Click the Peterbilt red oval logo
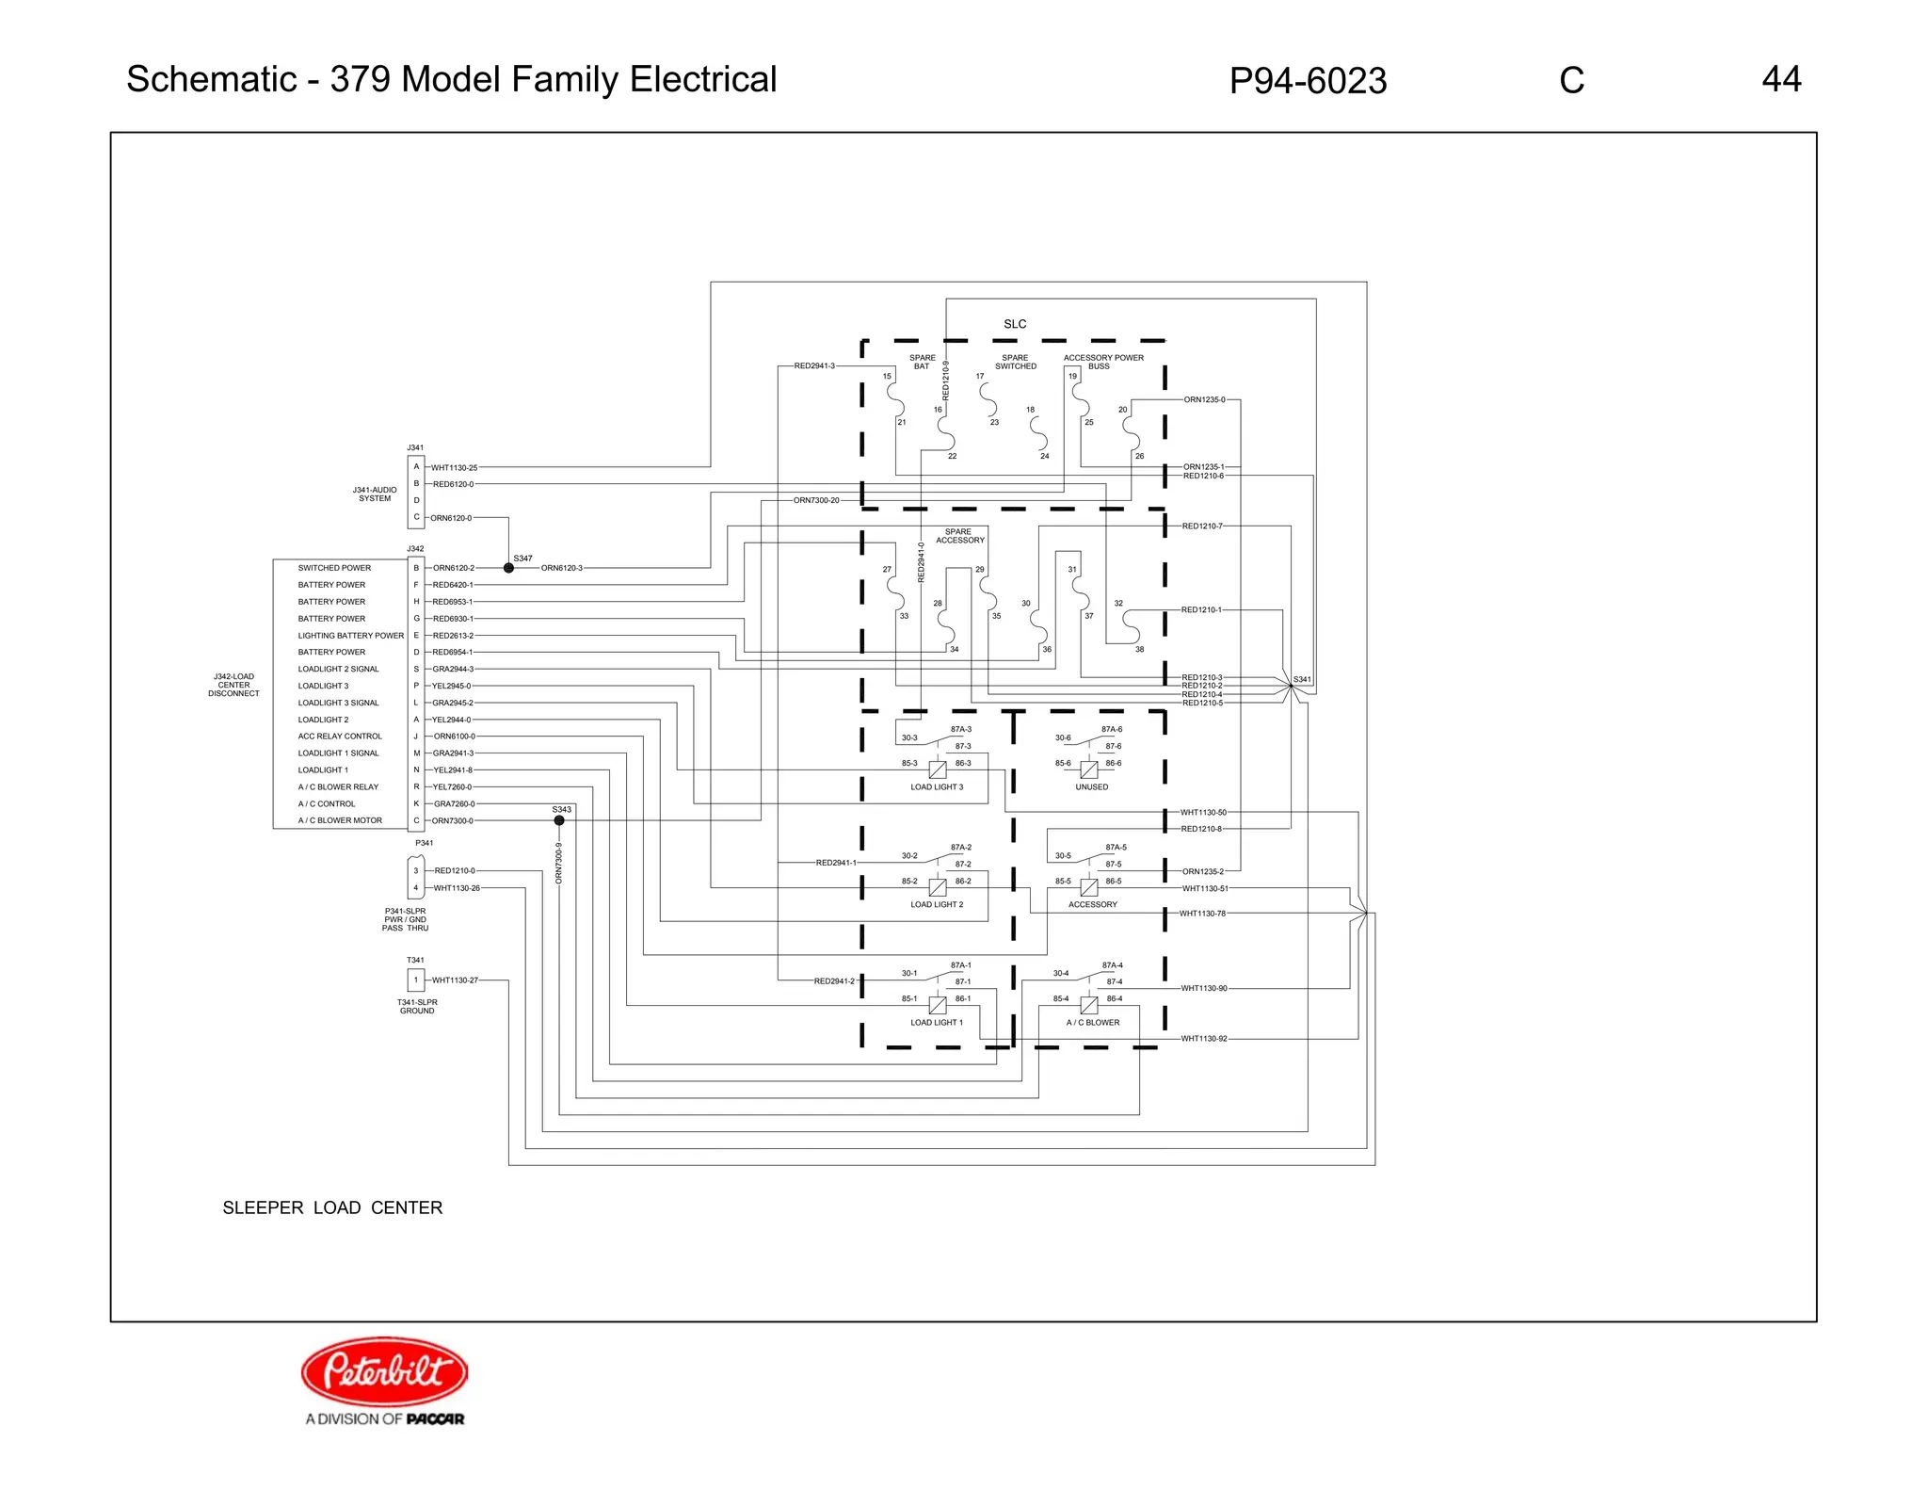tap(384, 1370)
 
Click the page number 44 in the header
tap(1781, 79)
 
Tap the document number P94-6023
tap(1308, 81)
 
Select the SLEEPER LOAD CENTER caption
tap(332, 1207)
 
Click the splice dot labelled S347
tap(508, 568)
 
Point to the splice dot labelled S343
tap(559, 820)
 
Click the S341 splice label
tap(1302, 679)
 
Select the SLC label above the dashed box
tap(1015, 324)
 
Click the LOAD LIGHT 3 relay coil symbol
tap(938, 769)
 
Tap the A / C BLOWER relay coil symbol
tap(1089, 1005)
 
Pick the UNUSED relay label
tap(1092, 787)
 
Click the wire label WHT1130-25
tap(454, 467)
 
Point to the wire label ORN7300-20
tap(816, 500)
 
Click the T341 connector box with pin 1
tap(415, 980)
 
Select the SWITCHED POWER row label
tap(334, 568)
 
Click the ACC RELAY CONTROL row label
tap(340, 737)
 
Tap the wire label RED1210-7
tap(1202, 526)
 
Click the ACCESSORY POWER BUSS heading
tap(1103, 362)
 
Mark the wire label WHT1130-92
tap(1204, 1039)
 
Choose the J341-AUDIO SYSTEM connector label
tap(375, 494)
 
